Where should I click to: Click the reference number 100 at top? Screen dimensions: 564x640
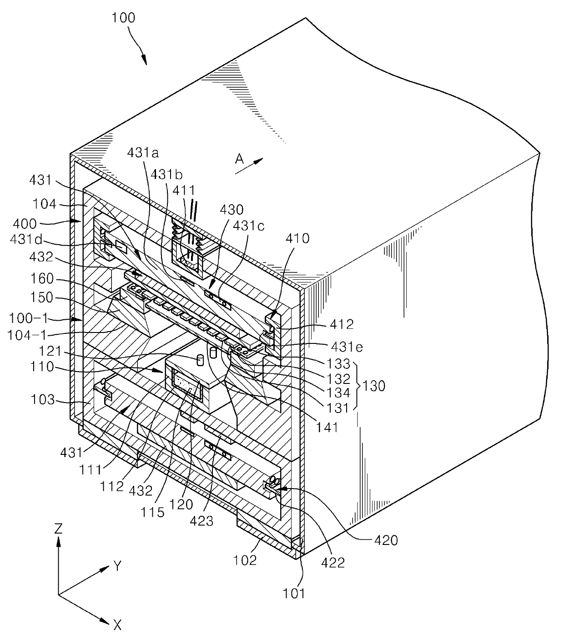coord(123,18)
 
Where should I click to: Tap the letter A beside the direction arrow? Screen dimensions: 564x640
coord(240,159)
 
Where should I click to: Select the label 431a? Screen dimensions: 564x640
coord(143,153)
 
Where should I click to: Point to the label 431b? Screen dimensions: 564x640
coord(166,174)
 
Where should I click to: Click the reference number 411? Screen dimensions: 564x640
coord(184,191)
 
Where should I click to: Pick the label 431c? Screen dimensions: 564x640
coord(249,226)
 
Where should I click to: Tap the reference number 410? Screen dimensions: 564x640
coord(297,238)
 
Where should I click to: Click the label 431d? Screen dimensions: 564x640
coord(26,239)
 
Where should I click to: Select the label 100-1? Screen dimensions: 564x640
coord(29,318)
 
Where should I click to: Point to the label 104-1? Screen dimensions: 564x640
coord(27,335)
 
